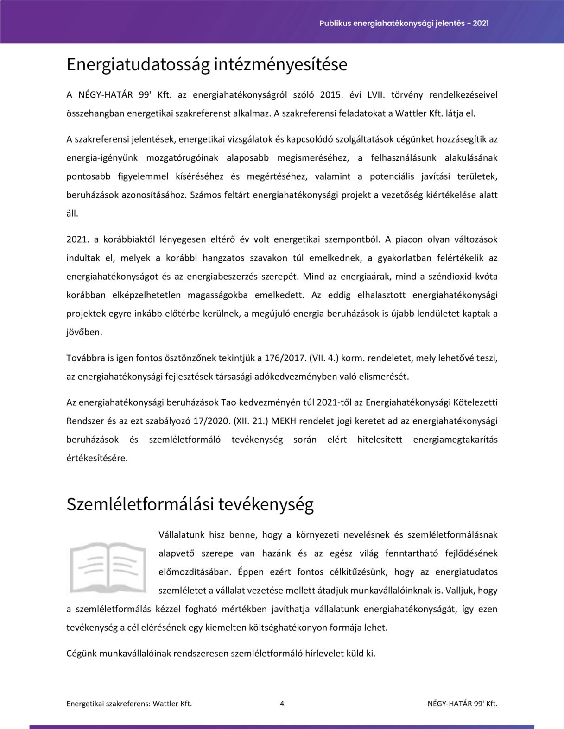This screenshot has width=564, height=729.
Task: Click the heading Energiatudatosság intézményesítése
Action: tap(207, 64)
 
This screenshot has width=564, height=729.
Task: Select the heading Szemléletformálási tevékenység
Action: tap(190, 504)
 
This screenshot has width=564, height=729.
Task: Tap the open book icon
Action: tap(108, 568)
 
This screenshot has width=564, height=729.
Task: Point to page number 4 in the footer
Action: tap(282, 704)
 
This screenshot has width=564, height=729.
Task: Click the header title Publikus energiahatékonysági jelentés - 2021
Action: tap(404, 23)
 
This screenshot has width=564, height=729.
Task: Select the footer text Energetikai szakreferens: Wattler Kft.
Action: tap(129, 704)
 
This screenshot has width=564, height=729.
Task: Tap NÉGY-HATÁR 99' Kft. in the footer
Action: tap(462, 704)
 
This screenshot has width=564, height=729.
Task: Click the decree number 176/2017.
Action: tap(285, 358)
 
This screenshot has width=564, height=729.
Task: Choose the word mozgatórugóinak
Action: tap(182, 158)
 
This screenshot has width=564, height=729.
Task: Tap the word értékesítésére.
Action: tap(97, 458)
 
